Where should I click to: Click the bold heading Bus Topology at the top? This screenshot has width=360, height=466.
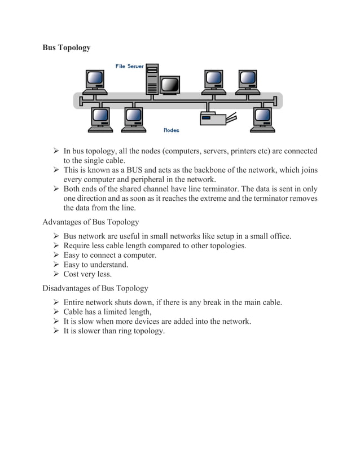click(66, 48)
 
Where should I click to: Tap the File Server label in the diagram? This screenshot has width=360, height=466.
click(129, 66)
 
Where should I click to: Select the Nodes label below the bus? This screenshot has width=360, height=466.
click(171, 130)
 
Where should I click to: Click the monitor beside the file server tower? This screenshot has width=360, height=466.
click(170, 85)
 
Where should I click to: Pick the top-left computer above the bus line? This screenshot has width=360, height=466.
click(95, 81)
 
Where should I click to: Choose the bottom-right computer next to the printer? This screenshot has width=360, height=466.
click(263, 119)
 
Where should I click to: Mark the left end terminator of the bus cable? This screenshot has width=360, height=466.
click(81, 101)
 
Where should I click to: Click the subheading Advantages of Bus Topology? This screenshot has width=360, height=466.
click(90, 222)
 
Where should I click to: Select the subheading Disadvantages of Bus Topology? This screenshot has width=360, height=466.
click(95, 288)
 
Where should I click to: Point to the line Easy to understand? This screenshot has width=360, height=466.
click(95, 265)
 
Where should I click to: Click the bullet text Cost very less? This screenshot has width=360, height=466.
click(87, 274)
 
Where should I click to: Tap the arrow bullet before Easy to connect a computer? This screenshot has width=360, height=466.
click(56, 255)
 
